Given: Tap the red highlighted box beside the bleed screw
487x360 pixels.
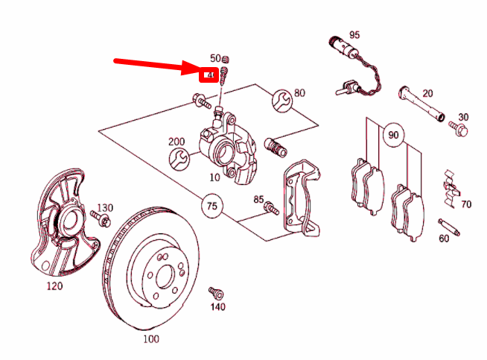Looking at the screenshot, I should tap(210, 75).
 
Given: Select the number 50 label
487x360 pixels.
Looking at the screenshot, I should tap(215, 58).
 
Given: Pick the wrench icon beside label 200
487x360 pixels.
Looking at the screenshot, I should tap(179, 158).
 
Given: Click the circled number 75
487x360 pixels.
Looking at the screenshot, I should tap(212, 205).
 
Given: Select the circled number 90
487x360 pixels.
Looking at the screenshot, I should tap(392, 136).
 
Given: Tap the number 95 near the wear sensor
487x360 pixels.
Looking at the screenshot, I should tap(354, 35).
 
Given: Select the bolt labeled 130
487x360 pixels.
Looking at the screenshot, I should tap(101, 219).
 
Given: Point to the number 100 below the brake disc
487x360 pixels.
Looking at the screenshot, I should tap(150, 339).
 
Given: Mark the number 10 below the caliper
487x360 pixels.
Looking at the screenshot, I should tap(214, 178).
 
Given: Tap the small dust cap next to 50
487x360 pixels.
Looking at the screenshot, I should tap(228, 60).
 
